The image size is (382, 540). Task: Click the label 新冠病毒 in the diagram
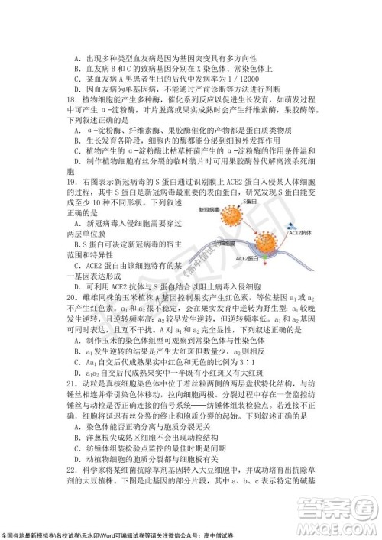coord(209,209)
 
